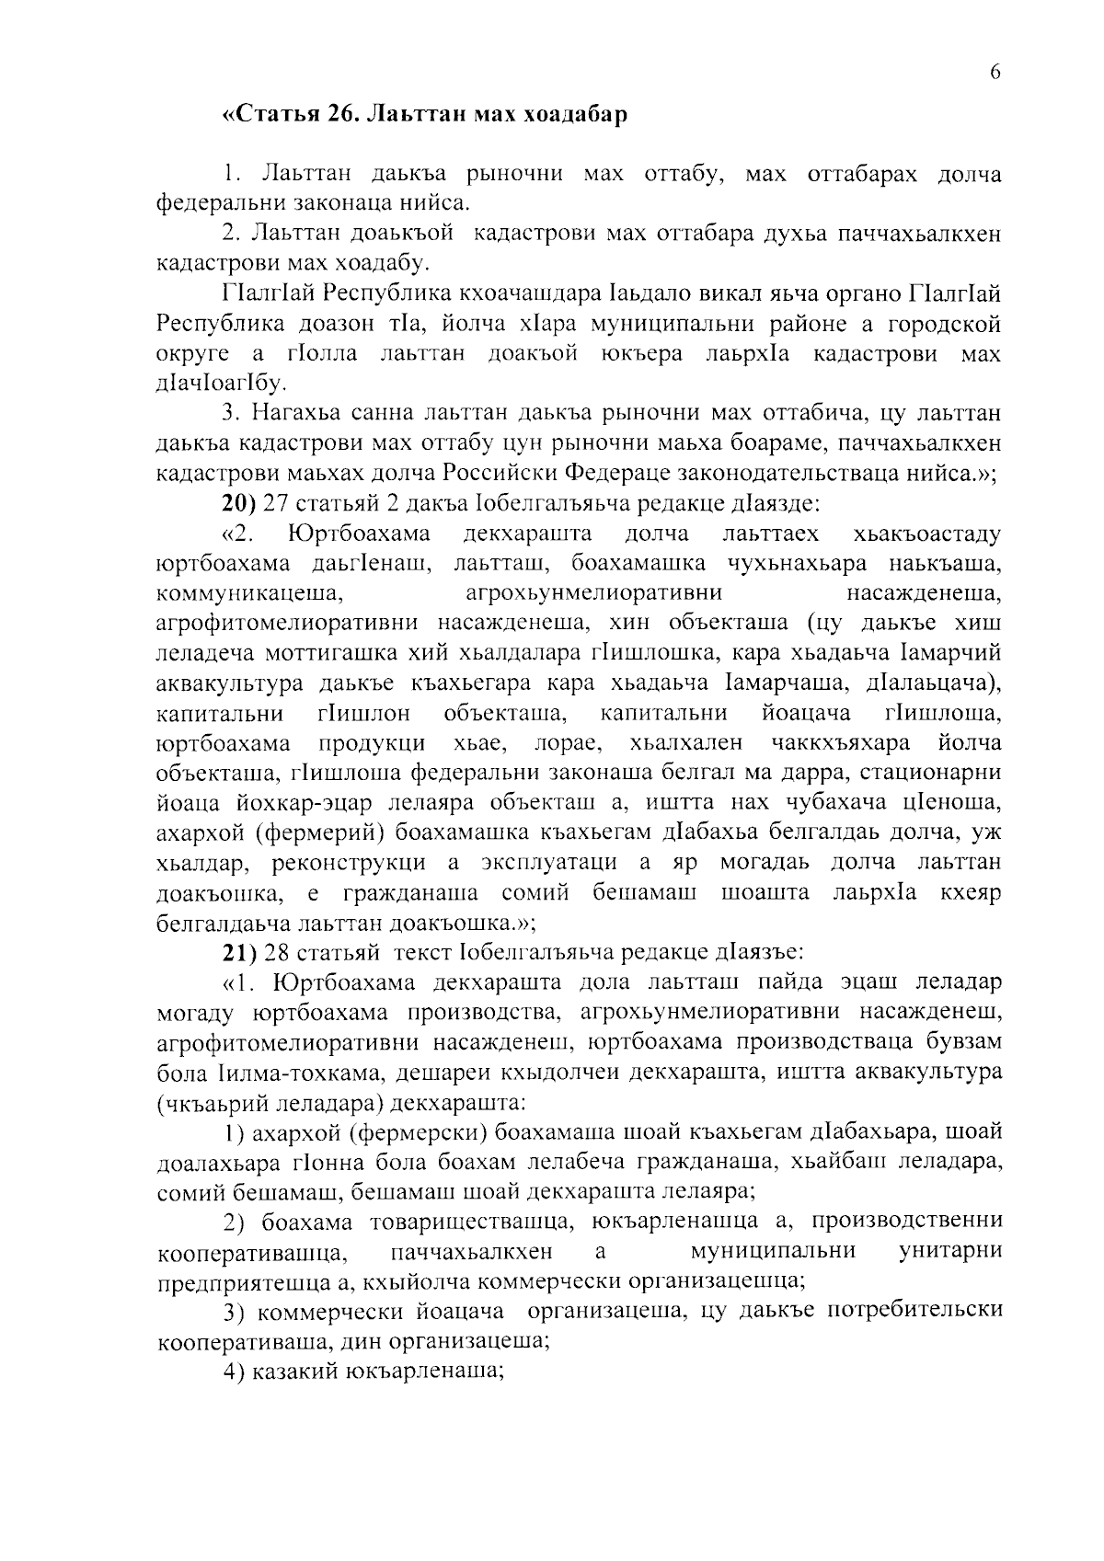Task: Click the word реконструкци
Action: tap(349, 864)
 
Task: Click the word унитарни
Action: tap(949, 1251)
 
